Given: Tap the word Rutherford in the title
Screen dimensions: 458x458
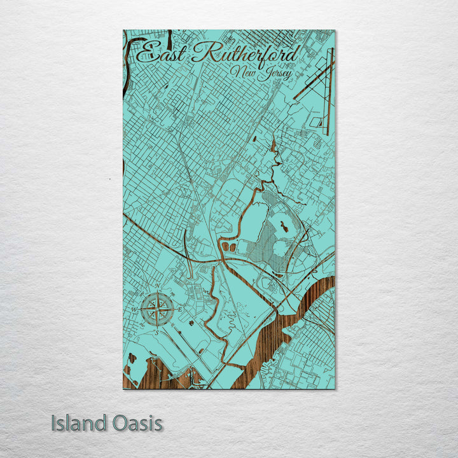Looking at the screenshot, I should point(245,53).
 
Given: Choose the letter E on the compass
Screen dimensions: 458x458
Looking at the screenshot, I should point(180,309).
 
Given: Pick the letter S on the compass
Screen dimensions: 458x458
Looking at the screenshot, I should point(156,333).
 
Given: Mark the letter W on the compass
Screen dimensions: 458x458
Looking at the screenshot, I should point(134,310).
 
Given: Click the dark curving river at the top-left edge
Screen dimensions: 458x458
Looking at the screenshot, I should point(130,54).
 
